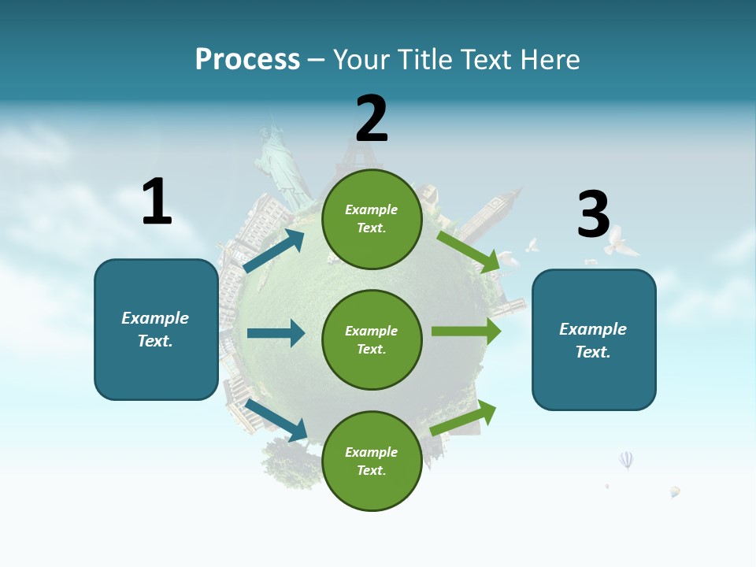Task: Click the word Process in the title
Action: [x=247, y=60]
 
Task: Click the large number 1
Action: [x=157, y=202]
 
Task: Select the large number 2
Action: [x=372, y=119]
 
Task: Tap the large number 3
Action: [x=593, y=214]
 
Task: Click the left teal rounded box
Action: [x=156, y=329]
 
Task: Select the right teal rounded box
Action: [x=594, y=339]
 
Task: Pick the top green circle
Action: [x=372, y=218]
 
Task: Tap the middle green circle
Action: [x=372, y=339]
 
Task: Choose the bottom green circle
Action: [x=372, y=461]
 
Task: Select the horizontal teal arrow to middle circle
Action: [x=276, y=333]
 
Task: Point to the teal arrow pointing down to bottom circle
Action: [x=276, y=420]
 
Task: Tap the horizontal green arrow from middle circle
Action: [x=465, y=331]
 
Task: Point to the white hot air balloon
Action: [x=626, y=459]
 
